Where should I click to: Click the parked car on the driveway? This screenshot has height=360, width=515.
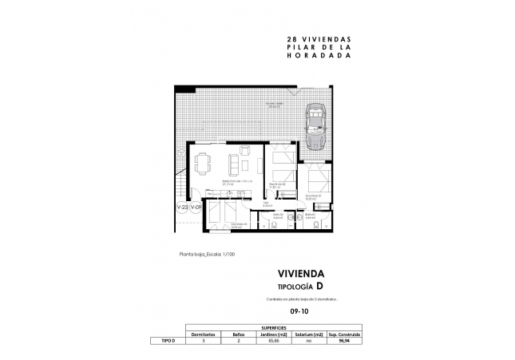click(315, 127)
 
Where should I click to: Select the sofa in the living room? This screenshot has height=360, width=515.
click(235, 164)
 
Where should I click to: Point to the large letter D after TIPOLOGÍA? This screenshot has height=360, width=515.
click(319, 285)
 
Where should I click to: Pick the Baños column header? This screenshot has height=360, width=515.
click(238, 334)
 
